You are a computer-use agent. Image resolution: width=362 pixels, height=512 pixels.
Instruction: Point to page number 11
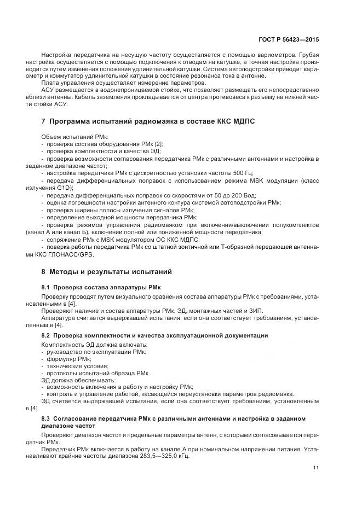(316, 467)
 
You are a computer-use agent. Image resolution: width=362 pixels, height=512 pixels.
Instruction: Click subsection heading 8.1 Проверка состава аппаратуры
(104, 287)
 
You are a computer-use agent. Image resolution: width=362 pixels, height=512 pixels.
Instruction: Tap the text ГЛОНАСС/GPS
(76, 254)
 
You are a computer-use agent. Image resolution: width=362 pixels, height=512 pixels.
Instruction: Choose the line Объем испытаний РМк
(74, 136)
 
